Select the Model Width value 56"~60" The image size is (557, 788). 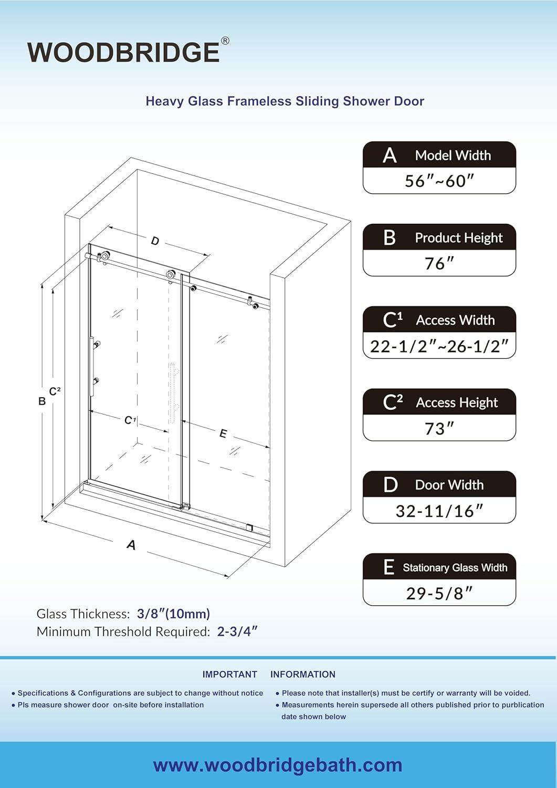(x=439, y=181)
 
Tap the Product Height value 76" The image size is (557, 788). (x=439, y=263)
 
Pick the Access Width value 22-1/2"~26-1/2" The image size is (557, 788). (x=439, y=346)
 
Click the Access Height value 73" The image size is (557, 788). (x=439, y=428)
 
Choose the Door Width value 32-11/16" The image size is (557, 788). (x=439, y=511)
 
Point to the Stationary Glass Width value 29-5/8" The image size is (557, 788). (x=439, y=593)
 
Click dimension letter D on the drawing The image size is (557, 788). (x=155, y=241)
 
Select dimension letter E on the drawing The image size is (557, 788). (x=223, y=434)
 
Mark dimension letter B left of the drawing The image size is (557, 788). (x=42, y=401)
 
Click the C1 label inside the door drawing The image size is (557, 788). (x=130, y=420)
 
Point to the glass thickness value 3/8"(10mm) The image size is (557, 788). (x=173, y=614)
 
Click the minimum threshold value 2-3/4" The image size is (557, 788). (x=238, y=631)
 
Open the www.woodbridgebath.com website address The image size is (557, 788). (x=278, y=765)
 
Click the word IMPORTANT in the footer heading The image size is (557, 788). (x=229, y=675)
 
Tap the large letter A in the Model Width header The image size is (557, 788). (x=390, y=155)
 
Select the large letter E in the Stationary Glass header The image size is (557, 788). (x=388, y=567)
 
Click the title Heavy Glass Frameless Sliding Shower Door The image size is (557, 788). (x=285, y=101)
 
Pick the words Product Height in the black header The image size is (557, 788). (x=458, y=238)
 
